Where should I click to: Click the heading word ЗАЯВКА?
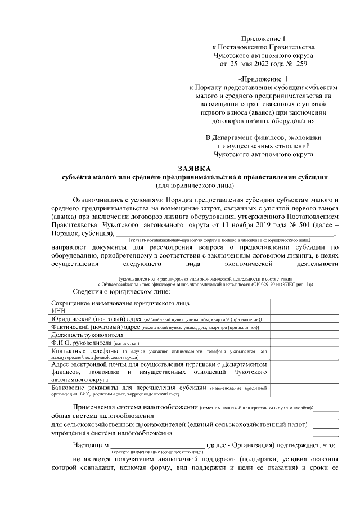193,168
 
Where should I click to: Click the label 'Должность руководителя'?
87,334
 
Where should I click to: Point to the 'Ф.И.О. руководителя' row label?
82,343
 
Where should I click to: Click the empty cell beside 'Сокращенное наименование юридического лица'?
304,302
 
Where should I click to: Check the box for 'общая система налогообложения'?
326,415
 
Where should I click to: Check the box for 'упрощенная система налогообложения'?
326,433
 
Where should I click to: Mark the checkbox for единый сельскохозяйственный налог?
326,424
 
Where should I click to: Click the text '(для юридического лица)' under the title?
193,185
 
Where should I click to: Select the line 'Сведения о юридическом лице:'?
121,292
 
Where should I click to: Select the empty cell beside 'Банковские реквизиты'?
304,391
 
